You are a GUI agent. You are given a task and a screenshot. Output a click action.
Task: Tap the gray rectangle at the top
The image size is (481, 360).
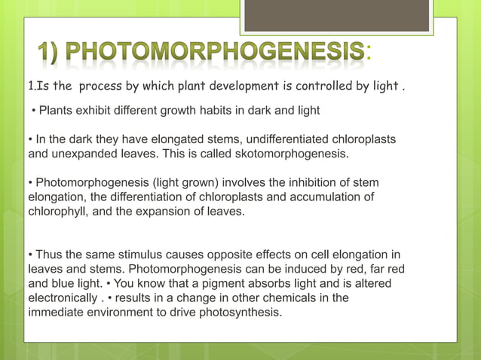[336, 15]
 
